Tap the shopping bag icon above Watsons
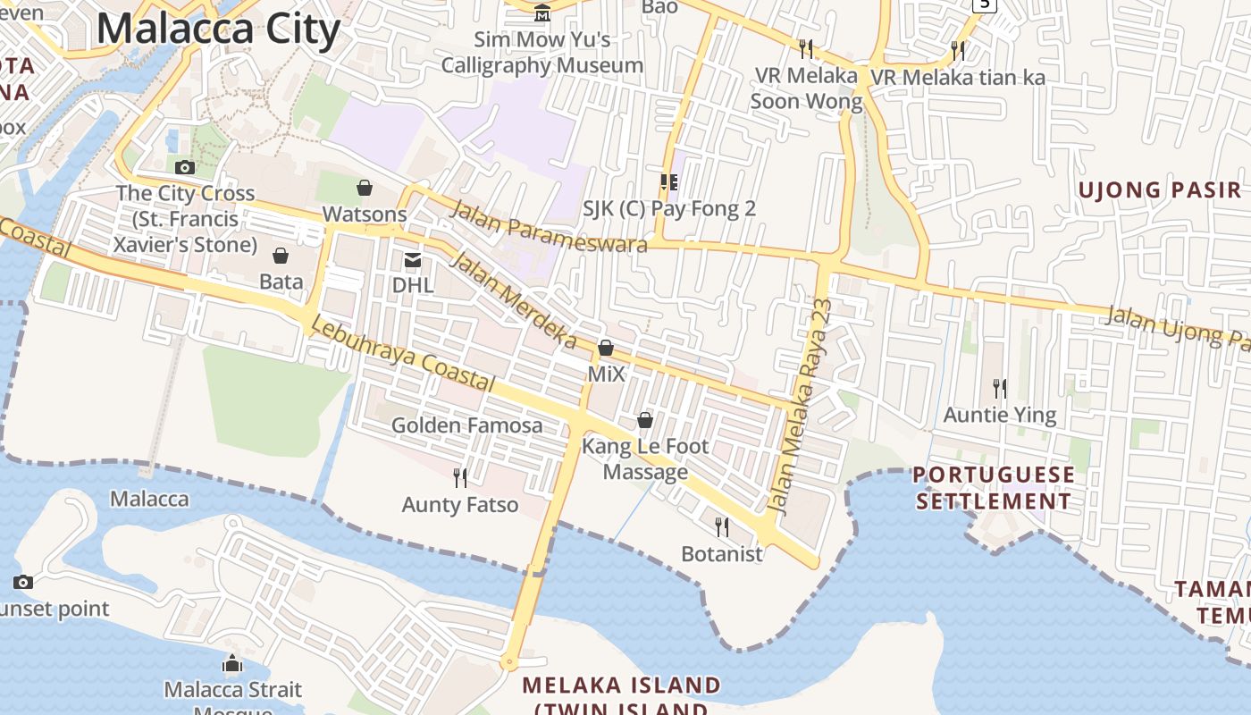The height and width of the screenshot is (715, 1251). click(x=365, y=188)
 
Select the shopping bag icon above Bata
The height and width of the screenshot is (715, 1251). click(x=281, y=257)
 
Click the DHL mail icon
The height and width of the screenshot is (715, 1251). click(x=413, y=260)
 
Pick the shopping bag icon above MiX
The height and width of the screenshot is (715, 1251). click(x=606, y=348)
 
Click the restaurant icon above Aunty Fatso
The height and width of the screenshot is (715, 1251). click(x=460, y=478)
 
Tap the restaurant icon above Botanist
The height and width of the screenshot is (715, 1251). click(x=722, y=527)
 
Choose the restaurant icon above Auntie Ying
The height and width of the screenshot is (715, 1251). click(x=1000, y=389)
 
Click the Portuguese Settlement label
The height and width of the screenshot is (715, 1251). click(x=994, y=488)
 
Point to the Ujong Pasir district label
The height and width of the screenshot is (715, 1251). click(x=1160, y=189)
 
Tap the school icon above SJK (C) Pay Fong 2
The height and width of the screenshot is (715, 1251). click(x=669, y=182)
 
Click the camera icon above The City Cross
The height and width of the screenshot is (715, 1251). click(x=185, y=167)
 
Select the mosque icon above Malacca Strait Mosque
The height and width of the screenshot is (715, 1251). click(x=232, y=664)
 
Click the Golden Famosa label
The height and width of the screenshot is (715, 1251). click(x=466, y=425)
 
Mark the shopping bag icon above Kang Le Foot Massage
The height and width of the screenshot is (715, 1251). click(x=645, y=420)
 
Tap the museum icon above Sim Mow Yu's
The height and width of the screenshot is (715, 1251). click(x=542, y=13)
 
